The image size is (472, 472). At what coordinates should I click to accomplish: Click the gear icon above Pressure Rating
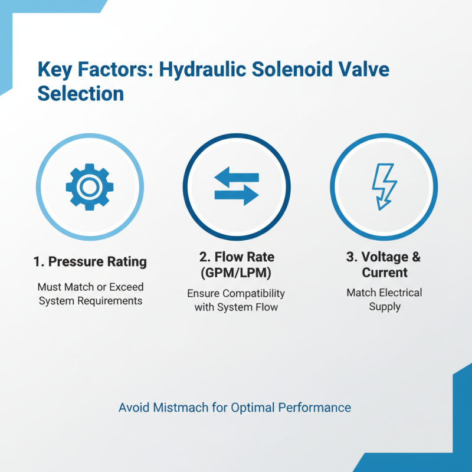[x=89, y=187]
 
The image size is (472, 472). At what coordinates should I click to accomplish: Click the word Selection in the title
[x=80, y=93]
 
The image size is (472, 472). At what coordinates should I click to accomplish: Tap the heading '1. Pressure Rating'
[x=90, y=261]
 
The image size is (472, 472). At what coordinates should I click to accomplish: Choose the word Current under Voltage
[x=384, y=273]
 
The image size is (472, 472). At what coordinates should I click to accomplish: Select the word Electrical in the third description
[x=401, y=293]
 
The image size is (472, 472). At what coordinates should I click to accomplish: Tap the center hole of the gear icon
[x=89, y=187]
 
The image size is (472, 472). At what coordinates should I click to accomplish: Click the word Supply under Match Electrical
[x=384, y=307]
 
